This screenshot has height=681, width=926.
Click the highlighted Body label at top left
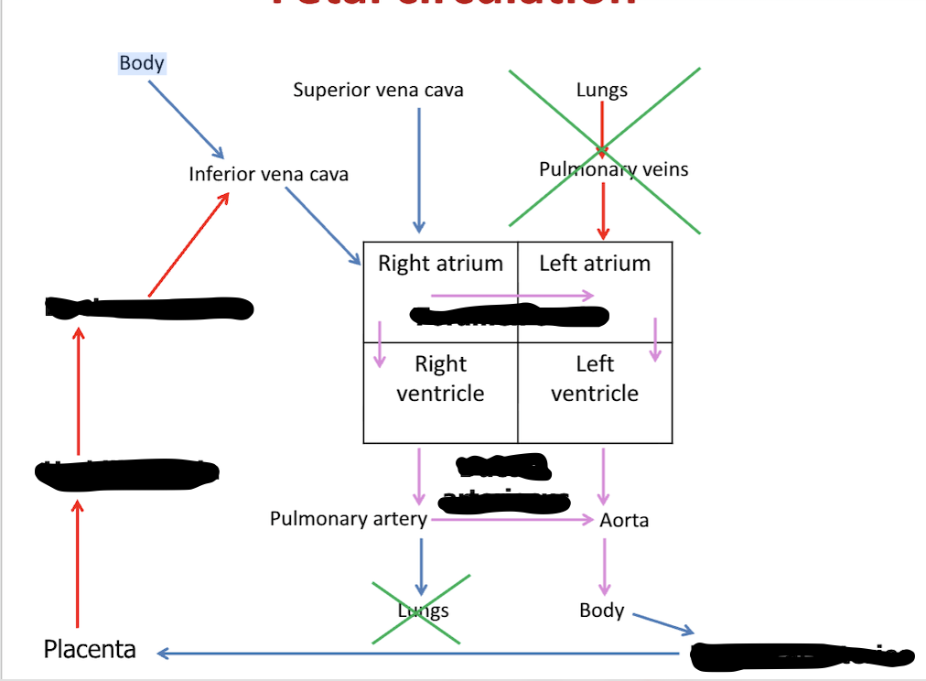click(x=142, y=63)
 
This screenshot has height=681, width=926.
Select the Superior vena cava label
click(x=378, y=90)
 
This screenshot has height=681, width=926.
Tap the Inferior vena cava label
click(x=268, y=174)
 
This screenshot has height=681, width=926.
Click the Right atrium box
click(x=440, y=264)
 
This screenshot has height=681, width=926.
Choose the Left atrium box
click(x=595, y=264)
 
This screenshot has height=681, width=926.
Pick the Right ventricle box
click(x=440, y=379)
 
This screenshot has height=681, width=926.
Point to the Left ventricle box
click(x=595, y=379)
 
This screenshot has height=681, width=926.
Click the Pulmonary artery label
click(x=348, y=519)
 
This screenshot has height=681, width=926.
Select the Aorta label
click(x=624, y=520)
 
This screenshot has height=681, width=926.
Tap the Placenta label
click(x=90, y=650)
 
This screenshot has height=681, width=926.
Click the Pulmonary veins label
click(x=613, y=169)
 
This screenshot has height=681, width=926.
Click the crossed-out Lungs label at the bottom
click(x=423, y=611)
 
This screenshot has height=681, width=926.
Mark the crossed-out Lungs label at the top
click(x=601, y=90)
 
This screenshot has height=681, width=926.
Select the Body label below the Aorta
click(x=601, y=611)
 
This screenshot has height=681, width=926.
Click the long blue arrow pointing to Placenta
click(x=421, y=654)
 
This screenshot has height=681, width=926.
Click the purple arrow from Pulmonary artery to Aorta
click(x=512, y=519)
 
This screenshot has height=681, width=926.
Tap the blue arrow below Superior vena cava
click(x=419, y=169)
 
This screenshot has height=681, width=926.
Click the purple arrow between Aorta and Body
click(x=604, y=566)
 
